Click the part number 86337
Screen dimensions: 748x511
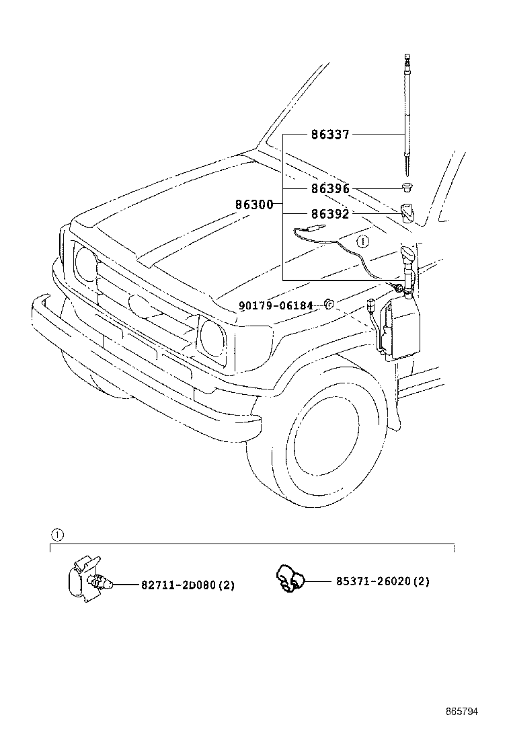[329, 135]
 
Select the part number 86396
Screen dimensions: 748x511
[329, 189]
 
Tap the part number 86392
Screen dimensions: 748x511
[329, 215]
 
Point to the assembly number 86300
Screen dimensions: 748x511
[253, 204]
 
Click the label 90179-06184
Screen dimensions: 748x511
[276, 305]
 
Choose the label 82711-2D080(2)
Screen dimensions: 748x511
[188, 585]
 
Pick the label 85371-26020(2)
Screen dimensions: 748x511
[383, 581]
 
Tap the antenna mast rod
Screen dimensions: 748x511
[407, 114]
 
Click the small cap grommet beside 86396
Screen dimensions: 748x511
[407, 187]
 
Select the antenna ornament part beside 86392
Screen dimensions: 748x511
[407, 213]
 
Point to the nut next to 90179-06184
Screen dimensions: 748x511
[329, 305]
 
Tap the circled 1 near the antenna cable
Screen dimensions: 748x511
[362, 240]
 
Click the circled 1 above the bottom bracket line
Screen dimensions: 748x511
[57, 535]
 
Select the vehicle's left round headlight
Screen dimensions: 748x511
[86, 262]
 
